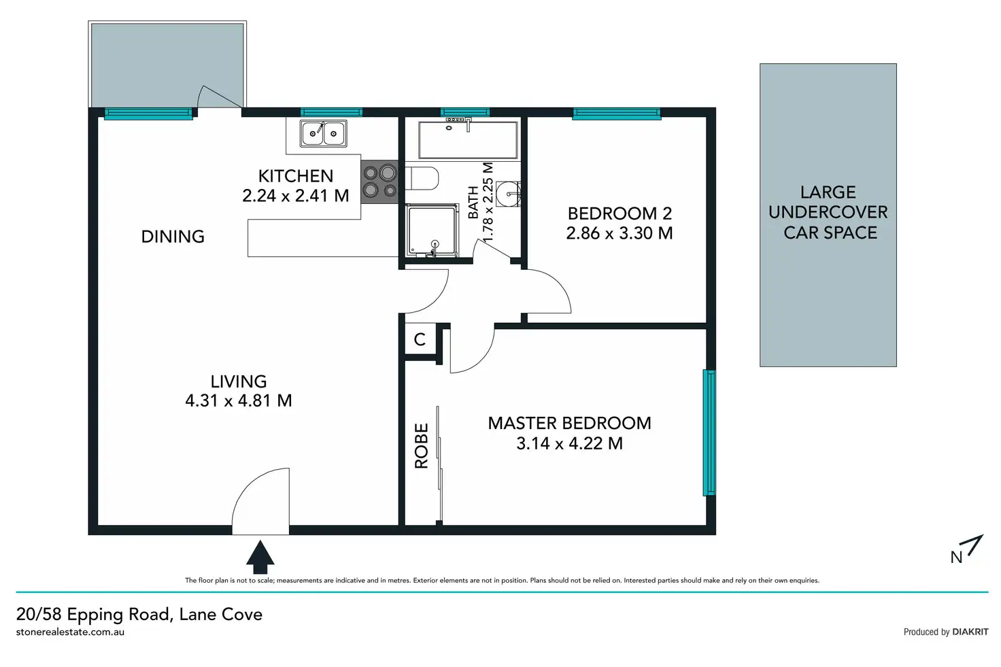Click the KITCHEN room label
click(296, 176)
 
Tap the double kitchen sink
click(324, 133)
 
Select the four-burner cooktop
click(379, 182)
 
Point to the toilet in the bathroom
click(422, 178)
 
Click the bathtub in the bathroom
click(468, 140)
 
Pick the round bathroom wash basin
click(509, 194)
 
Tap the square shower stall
click(432, 230)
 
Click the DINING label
click(173, 237)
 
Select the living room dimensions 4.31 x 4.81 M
click(239, 400)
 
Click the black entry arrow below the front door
click(260, 557)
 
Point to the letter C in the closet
click(420, 339)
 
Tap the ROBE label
click(422, 446)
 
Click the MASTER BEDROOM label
click(569, 423)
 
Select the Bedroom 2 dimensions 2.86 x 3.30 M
click(620, 233)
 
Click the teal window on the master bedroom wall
click(709, 432)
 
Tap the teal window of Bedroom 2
click(617, 114)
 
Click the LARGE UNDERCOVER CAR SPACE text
click(828, 212)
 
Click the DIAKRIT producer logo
click(970, 632)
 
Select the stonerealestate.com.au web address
click(70, 632)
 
